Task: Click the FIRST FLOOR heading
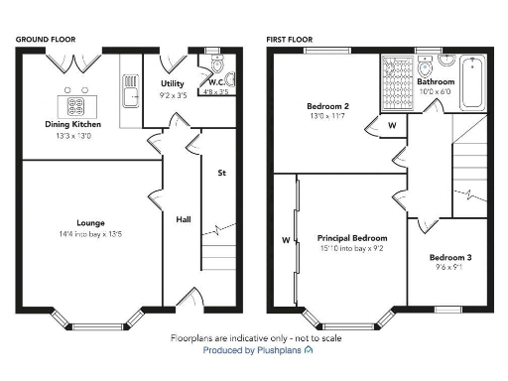click(289, 39)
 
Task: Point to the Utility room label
click(173, 84)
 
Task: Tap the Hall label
click(184, 219)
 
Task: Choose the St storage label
click(222, 173)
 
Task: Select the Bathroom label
click(436, 82)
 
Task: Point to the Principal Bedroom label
click(352, 238)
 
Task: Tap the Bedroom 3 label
click(450, 258)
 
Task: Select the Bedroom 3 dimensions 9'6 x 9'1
click(450, 268)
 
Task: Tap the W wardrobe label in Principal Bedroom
click(286, 239)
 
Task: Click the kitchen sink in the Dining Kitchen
click(129, 94)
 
